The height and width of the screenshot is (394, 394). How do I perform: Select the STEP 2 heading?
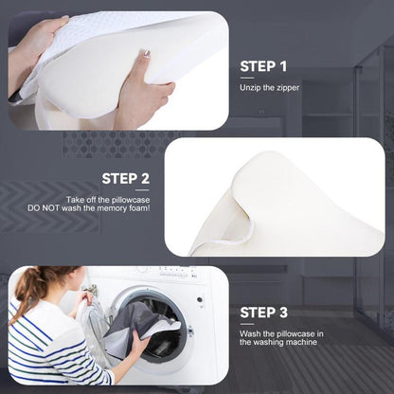125,178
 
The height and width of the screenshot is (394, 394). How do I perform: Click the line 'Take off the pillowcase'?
108,200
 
